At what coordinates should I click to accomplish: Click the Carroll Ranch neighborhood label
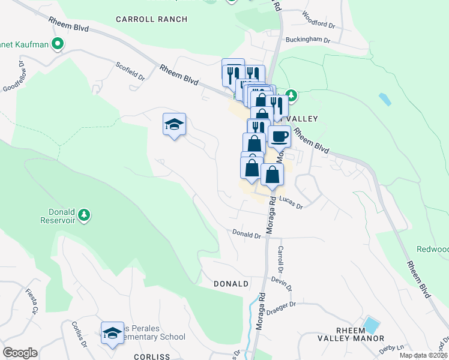click(x=151, y=19)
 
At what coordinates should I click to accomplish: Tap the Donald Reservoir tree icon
click(x=85, y=215)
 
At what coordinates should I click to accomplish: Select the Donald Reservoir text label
click(x=62, y=216)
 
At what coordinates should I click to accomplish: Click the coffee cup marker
click(x=279, y=137)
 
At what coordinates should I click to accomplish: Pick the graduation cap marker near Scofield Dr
click(x=174, y=125)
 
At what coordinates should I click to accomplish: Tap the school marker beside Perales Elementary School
click(x=112, y=334)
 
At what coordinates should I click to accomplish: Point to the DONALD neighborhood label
click(x=231, y=283)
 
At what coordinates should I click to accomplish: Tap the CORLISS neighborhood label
click(x=152, y=356)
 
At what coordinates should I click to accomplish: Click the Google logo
click(x=20, y=353)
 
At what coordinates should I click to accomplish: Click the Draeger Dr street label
click(x=283, y=307)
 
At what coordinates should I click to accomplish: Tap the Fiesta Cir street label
click(x=32, y=301)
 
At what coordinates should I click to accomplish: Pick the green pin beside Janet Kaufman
click(x=58, y=43)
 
